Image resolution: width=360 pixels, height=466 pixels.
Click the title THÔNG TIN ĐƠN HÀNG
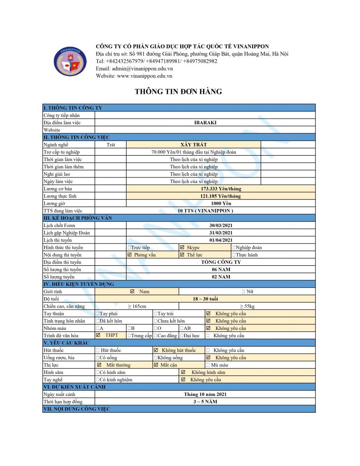[178, 92]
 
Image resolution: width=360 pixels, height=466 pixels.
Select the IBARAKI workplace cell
[205, 122]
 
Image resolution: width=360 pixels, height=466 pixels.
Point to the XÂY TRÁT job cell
[193, 145]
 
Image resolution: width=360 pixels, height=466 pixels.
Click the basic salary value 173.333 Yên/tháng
[221, 188]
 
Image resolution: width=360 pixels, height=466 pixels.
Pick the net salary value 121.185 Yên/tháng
[221, 196]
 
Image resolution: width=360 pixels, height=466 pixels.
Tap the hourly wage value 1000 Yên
[221, 203]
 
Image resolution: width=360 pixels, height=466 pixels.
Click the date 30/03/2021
[221, 226]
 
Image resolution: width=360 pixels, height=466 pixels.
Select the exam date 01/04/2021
[221, 240]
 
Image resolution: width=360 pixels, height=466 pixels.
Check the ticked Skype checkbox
[182, 248]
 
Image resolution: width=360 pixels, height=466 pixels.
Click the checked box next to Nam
[132, 291]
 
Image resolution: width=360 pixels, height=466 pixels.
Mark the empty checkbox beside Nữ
[243, 291]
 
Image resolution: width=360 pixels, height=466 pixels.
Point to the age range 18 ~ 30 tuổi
[205, 299]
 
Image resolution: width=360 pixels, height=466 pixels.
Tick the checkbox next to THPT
[98, 335]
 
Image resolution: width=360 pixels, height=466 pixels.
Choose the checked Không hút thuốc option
[156, 350]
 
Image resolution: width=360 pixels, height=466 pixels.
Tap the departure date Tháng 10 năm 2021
[205, 394]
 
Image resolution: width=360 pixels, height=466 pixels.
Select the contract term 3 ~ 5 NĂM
[205, 402]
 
